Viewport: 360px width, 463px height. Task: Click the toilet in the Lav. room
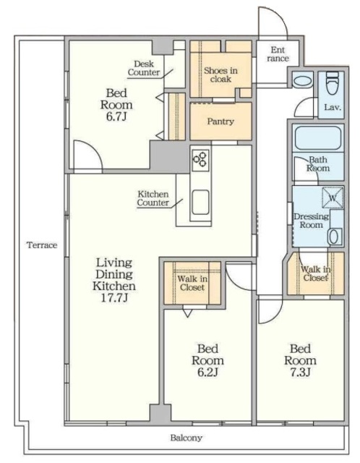click(x=333, y=84)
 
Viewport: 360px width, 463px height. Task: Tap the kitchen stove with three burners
click(x=200, y=160)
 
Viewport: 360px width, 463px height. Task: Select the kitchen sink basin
click(x=201, y=203)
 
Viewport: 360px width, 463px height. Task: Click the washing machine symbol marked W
click(x=333, y=197)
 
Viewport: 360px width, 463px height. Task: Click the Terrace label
click(x=42, y=245)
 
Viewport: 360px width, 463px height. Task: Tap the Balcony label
click(x=187, y=438)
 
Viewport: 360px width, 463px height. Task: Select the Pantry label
click(x=220, y=122)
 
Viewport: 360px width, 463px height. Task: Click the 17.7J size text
click(x=114, y=298)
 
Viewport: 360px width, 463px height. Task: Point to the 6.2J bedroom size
click(x=207, y=373)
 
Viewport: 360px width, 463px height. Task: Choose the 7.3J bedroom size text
click(x=300, y=373)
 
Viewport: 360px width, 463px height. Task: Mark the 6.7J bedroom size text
click(x=116, y=116)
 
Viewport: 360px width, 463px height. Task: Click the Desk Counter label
click(x=144, y=68)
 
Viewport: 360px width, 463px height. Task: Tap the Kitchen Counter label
click(x=153, y=198)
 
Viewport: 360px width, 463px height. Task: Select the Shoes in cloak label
click(x=220, y=75)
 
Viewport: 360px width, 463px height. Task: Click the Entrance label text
click(x=278, y=54)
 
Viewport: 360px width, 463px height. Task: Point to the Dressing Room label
click(x=312, y=221)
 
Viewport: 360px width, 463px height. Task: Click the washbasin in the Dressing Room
click(x=336, y=237)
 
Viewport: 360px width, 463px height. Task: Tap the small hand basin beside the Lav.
click(x=302, y=80)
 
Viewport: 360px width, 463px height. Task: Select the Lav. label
click(x=333, y=107)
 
